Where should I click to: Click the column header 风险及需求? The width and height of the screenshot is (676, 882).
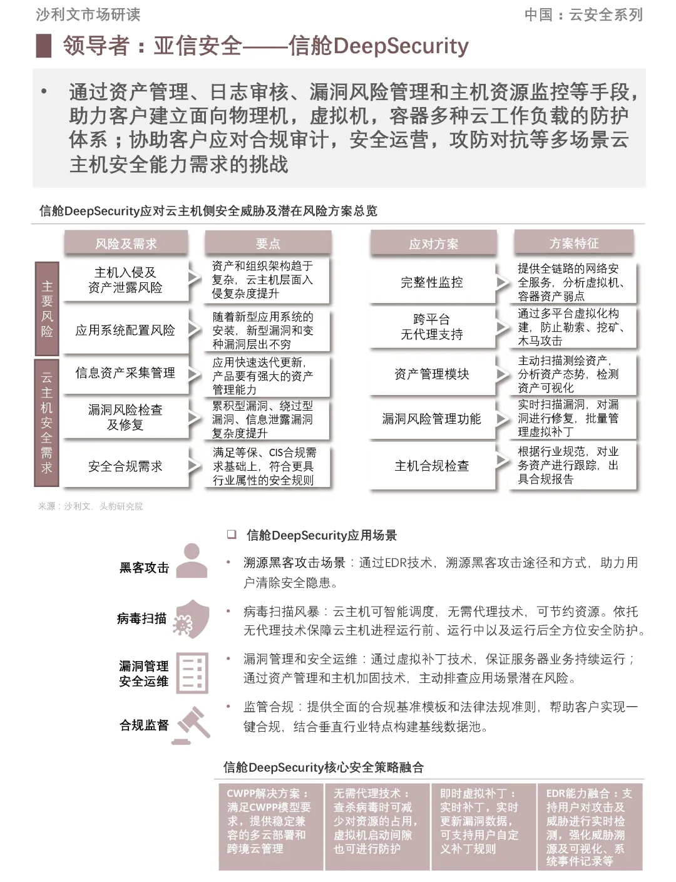[x=125, y=244]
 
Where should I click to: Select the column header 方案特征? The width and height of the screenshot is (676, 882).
[x=574, y=243]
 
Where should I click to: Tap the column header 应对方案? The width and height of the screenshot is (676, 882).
[x=433, y=244]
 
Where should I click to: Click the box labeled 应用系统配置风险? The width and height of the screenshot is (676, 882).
[x=125, y=330]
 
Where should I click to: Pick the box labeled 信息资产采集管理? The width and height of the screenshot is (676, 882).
[x=125, y=373]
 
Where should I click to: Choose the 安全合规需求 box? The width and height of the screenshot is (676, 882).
[x=125, y=466]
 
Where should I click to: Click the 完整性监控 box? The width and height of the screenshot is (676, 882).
[x=432, y=282]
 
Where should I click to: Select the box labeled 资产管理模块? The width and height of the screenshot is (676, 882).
[x=432, y=374]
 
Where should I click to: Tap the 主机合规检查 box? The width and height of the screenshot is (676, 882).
[x=432, y=466]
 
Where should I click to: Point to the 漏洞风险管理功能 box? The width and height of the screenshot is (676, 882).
[x=432, y=419]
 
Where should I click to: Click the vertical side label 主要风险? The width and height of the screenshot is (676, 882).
[x=47, y=309]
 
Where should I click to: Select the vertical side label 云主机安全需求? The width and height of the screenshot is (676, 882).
[x=47, y=422]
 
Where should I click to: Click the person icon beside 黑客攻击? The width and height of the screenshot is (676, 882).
[x=192, y=560]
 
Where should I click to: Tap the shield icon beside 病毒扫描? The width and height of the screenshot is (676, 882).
[x=191, y=618]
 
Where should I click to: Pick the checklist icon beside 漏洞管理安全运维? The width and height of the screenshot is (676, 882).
[x=192, y=673]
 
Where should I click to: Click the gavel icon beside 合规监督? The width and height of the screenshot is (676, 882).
[x=192, y=725]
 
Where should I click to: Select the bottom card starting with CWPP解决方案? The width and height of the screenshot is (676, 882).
[x=270, y=826]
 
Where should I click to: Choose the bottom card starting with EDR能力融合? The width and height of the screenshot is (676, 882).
[x=590, y=826]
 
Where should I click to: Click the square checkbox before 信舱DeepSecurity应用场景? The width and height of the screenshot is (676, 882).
[x=232, y=535]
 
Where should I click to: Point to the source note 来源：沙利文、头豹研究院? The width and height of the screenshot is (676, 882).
[x=91, y=506]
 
